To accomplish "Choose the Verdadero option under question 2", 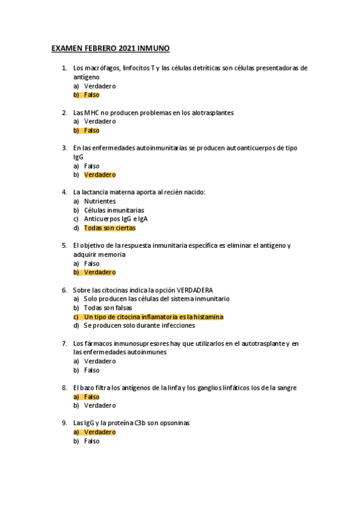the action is point(100,121).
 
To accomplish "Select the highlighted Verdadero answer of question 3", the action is point(100,175).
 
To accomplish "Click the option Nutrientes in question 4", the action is point(100,201).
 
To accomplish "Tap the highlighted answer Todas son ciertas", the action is point(110,228).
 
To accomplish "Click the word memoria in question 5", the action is point(112,254).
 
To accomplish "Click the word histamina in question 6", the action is point(206,317).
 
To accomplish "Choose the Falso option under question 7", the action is point(92,370).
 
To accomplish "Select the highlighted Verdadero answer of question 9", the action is point(100,432).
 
